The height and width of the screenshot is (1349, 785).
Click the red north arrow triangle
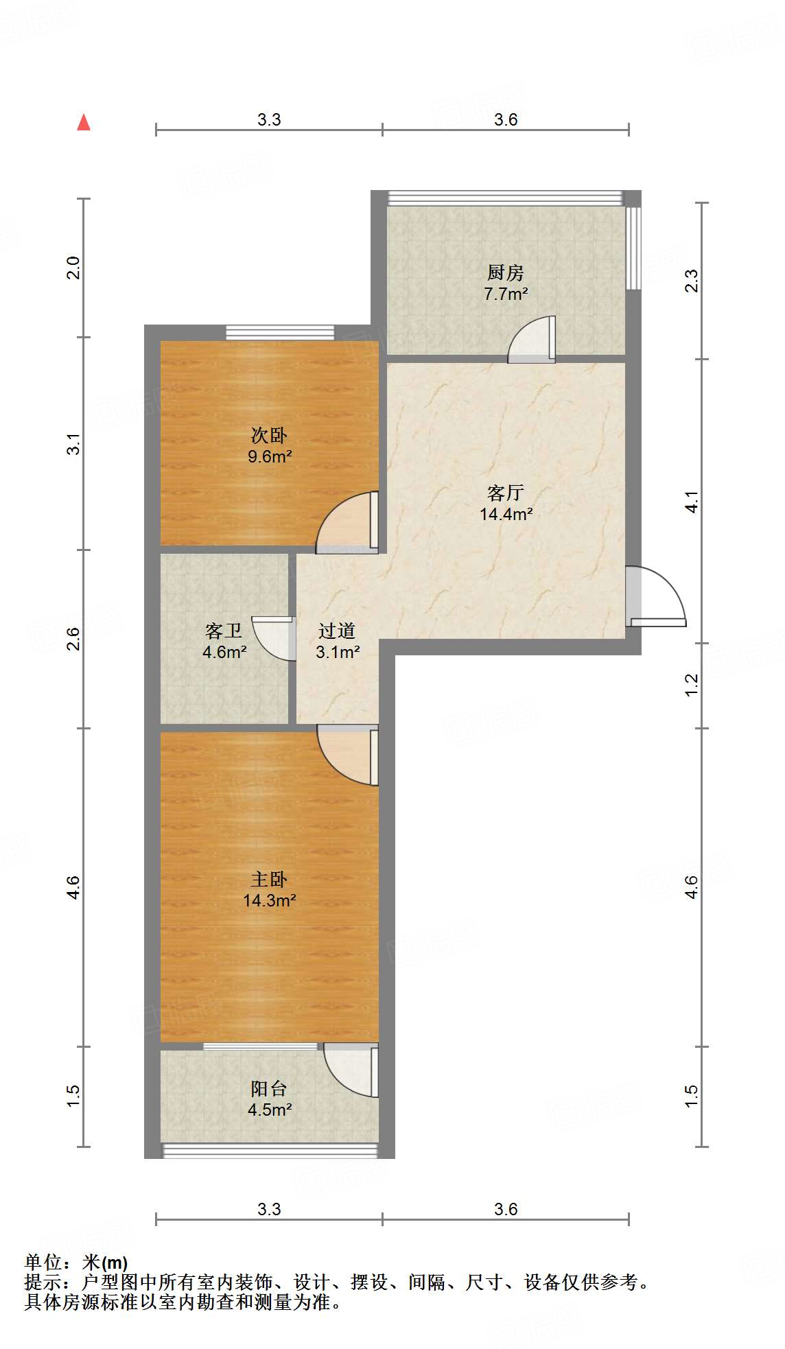pyautogui.click(x=84, y=123)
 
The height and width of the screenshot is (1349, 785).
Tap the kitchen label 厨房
pyautogui.click(x=506, y=273)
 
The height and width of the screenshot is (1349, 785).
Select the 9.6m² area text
pyautogui.click(x=270, y=456)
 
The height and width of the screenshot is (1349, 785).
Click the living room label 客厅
pyautogui.click(x=506, y=493)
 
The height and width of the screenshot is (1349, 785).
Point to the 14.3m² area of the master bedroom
pyautogui.click(x=269, y=900)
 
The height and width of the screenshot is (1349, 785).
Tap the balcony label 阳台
pyautogui.click(x=269, y=1089)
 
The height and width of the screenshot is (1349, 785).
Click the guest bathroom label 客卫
pyautogui.click(x=224, y=631)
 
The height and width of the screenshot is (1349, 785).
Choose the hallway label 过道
pyautogui.click(x=337, y=631)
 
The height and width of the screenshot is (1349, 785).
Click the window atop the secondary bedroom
pyautogui.click(x=280, y=333)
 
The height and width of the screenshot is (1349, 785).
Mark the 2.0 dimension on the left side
pyautogui.click(x=73, y=268)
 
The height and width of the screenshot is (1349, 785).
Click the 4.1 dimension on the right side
pyautogui.click(x=692, y=502)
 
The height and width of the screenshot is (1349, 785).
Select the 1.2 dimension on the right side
pyautogui.click(x=692, y=684)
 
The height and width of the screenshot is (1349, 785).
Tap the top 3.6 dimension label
pyautogui.click(x=506, y=120)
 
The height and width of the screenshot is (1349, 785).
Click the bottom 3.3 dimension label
pyautogui.click(x=269, y=1210)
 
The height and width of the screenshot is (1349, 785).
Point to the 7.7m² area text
pyautogui.click(x=506, y=294)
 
